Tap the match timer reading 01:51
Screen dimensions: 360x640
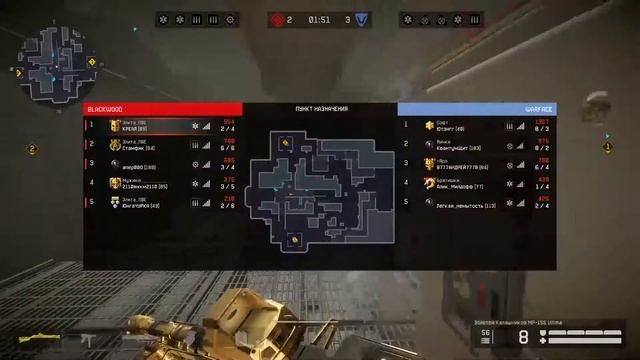(x=320, y=19)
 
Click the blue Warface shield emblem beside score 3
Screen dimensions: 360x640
(x=362, y=19)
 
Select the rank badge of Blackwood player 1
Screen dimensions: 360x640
(x=115, y=125)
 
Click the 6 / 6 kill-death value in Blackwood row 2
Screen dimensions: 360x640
(x=228, y=147)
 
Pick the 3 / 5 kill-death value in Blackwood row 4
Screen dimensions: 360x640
(x=228, y=186)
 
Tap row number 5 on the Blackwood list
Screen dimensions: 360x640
(x=92, y=202)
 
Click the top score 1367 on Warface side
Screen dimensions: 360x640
(x=542, y=121)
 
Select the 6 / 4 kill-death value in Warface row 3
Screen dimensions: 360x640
(x=542, y=166)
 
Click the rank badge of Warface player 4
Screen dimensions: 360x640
(x=429, y=183)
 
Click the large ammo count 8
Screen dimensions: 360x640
(x=523, y=338)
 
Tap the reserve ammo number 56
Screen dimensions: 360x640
(x=487, y=333)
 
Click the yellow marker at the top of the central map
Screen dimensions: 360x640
(x=286, y=143)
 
